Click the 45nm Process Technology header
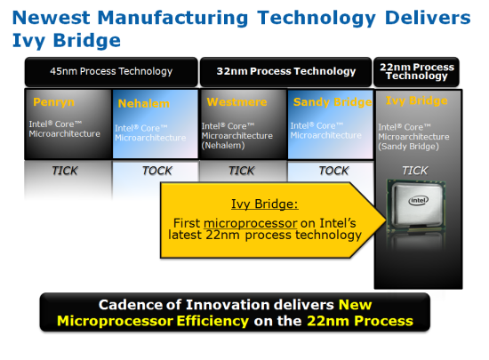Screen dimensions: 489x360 coord(111,71)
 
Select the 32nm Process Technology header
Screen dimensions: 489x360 coord(286,71)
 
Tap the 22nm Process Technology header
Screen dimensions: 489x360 coord(417,71)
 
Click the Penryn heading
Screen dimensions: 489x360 coord(53,102)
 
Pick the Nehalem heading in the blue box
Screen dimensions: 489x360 coord(144,103)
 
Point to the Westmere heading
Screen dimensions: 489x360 coord(236,102)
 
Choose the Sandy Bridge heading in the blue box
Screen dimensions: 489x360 coord(333,102)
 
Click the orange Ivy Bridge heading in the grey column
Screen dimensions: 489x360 coord(417,100)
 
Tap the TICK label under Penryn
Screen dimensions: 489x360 coord(65,171)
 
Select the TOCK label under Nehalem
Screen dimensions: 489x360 coord(157,171)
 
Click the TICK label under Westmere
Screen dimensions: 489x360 coord(242,171)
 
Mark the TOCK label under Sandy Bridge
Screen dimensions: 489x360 coord(333,171)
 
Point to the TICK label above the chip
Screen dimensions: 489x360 coord(415,171)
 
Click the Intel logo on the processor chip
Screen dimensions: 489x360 coord(419,200)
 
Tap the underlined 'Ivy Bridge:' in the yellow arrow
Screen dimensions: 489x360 coord(264,204)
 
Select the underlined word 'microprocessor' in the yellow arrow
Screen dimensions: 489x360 coord(250,223)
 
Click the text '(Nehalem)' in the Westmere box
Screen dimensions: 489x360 coord(223,146)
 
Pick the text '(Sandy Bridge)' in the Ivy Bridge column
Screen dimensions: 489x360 coord(409,147)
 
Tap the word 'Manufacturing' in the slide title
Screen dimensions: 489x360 coord(173,18)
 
